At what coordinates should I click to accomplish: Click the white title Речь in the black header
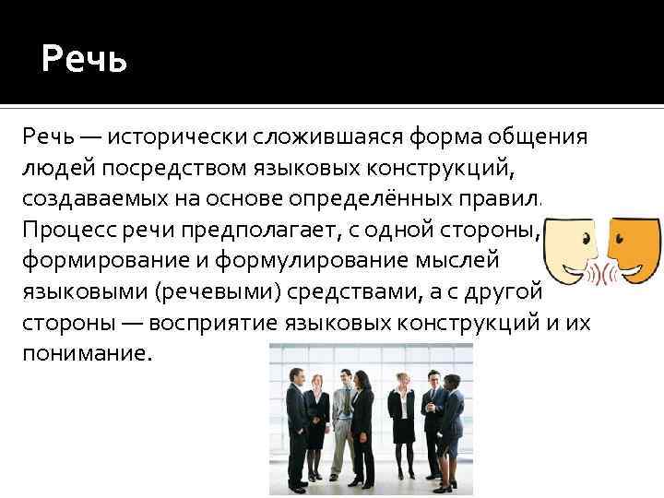84,61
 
